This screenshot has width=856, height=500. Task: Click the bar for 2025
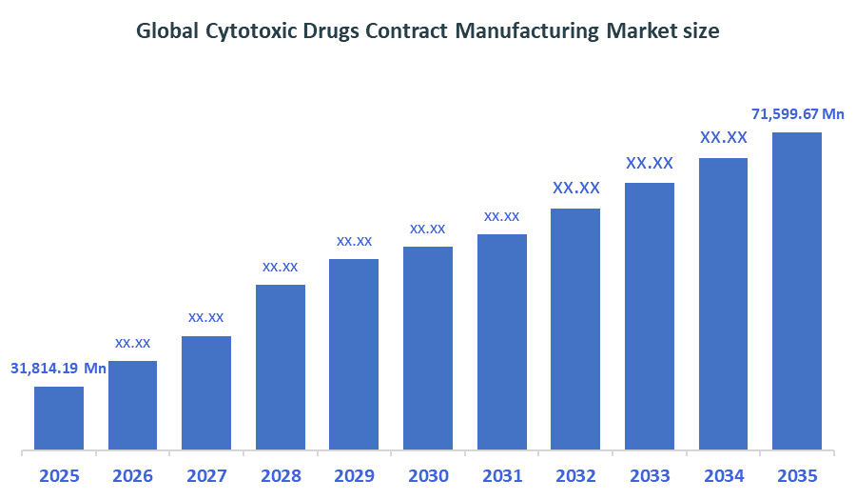click(x=59, y=417)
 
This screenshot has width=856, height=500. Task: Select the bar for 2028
click(x=281, y=367)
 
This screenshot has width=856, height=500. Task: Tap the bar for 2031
click(x=502, y=341)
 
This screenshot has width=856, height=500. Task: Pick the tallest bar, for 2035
click(x=797, y=290)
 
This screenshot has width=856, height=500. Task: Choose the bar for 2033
click(x=650, y=315)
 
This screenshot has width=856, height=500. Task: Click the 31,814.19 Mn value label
click(x=58, y=368)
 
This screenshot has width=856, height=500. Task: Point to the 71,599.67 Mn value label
click(x=798, y=114)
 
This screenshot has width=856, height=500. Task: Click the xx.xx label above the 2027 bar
click(x=206, y=317)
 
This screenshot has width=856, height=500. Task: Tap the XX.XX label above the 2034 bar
click(x=724, y=138)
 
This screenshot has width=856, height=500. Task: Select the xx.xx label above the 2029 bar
click(x=354, y=241)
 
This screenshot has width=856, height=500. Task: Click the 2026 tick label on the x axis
click(x=133, y=475)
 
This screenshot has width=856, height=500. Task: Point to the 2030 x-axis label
click(x=428, y=475)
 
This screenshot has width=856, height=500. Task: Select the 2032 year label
click(x=575, y=475)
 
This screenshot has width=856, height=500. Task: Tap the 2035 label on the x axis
click(x=797, y=475)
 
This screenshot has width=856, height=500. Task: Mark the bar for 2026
click(x=133, y=405)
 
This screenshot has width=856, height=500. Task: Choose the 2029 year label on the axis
click(x=354, y=475)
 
